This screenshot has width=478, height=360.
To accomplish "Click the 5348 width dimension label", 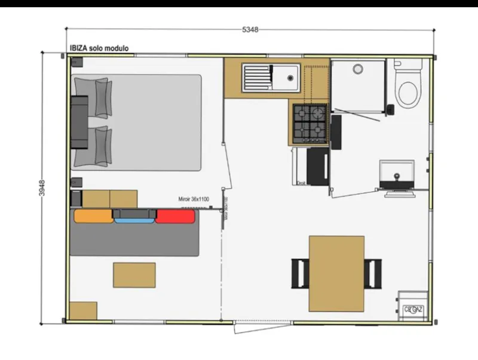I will pyautogui.click(x=250, y=30).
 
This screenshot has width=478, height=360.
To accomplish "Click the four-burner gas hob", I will pyautogui.click(x=310, y=122).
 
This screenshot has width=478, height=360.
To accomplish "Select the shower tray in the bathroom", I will pyautogui.click(x=357, y=86).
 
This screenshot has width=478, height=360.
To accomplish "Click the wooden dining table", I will pyautogui.click(x=336, y=273).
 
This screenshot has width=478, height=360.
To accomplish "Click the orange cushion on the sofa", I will pyautogui.click(x=93, y=216).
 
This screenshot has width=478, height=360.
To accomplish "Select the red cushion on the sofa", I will pyautogui.click(x=176, y=216).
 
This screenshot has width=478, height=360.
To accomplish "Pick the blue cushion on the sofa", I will pyautogui.click(x=134, y=218).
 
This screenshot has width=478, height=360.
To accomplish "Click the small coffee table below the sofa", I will pyautogui.click(x=134, y=274).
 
